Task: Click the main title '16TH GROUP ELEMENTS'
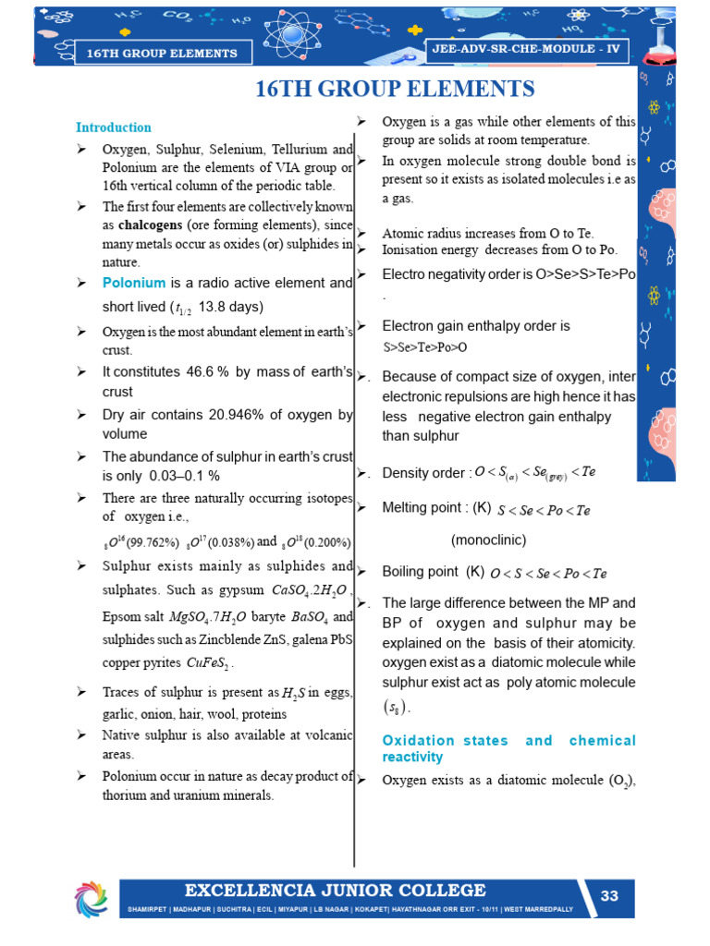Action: (395, 89)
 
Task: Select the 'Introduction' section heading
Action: (113, 127)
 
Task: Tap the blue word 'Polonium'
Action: (134, 283)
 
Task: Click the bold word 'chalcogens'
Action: (148, 226)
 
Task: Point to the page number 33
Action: (609, 896)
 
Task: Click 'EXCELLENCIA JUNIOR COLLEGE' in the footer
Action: (335, 891)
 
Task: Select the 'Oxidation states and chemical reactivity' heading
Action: (509, 748)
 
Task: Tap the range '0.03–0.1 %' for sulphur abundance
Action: (185, 476)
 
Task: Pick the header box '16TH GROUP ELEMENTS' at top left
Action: (162, 54)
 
